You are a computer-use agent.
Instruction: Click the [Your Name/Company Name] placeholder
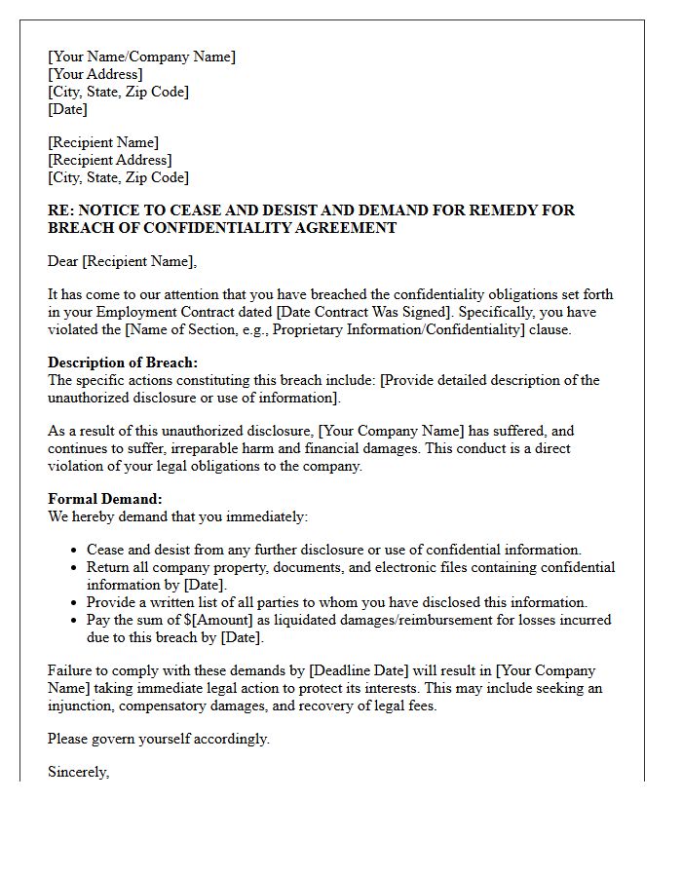(141, 57)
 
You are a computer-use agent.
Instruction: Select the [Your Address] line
(95, 74)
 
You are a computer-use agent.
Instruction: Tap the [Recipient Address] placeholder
(110, 160)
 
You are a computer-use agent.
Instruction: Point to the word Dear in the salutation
(63, 261)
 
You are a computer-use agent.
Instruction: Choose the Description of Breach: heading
(123, 362)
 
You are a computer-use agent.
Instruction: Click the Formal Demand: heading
(105, 499)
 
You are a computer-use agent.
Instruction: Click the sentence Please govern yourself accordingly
(159, 739)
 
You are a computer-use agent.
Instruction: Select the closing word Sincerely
(78, 773)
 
